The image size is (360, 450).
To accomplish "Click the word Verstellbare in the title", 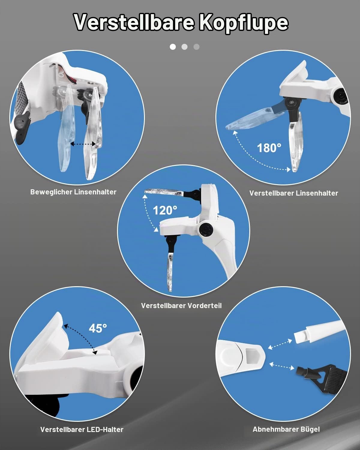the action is tap(134, 22).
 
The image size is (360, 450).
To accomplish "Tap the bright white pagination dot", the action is tap(173, 47).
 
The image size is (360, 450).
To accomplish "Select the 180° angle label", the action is tap(269, 148).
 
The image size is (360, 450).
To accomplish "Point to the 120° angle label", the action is tap(165, 210).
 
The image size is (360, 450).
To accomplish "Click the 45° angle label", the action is tap(98, 328).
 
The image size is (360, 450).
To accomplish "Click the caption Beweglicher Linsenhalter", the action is tap(73, 192).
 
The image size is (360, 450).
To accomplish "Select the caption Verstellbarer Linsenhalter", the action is tap(294, 193).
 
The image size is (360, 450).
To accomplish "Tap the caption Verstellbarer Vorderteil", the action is tap(181, 306).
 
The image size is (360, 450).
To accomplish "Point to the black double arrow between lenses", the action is tap(83, 144).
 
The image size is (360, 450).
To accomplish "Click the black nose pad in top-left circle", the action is tap(22, 127).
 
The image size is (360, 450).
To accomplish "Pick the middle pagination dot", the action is tap(184, 47).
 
